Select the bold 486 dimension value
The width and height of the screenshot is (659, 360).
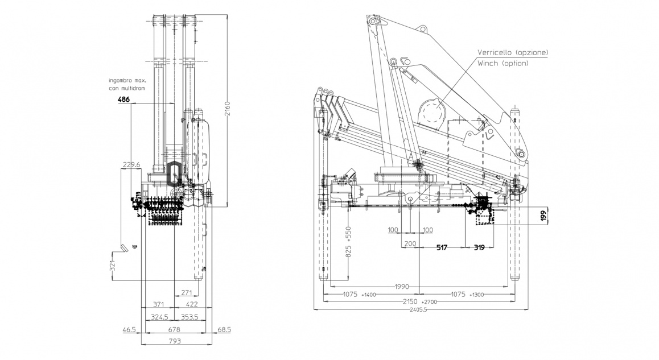pos(123,100)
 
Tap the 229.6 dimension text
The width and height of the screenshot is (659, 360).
pos(131,165)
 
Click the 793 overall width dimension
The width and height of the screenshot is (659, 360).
pos(175,341)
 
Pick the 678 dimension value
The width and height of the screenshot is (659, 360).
pos(175,330)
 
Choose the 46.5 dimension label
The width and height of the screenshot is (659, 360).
pos(129,330)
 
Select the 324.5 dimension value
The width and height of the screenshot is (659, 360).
pos(160,317)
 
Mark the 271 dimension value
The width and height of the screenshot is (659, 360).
pos(186,292)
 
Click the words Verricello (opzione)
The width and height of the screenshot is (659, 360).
pos(513,52)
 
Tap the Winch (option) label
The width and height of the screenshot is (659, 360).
pos(503,63)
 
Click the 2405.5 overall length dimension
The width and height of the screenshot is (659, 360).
pos(418,310)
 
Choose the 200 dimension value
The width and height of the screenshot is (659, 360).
pos(410,243)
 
